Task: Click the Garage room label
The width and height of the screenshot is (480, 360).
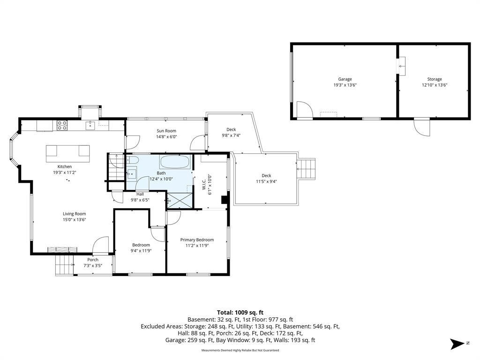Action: [x=345, y=79]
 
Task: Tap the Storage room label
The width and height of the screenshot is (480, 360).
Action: [x=435, y=79]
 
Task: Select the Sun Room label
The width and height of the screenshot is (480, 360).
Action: [x=166, y=131]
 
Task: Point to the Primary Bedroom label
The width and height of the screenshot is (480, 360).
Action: [x=197, y=240]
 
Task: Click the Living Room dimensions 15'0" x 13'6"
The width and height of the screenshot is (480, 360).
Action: [x=75, y=219]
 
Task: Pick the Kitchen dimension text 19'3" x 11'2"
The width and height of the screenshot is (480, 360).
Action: [x=65, y=172]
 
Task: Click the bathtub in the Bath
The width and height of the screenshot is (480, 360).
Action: [x=175, y=162]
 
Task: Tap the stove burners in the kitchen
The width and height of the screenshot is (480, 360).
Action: [x=62, y=126]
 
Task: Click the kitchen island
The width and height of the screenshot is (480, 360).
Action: [x=67, y=154]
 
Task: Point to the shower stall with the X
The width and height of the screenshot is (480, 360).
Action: [x=180, y=201]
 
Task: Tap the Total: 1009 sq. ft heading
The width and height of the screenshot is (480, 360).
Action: [x=240, y=313]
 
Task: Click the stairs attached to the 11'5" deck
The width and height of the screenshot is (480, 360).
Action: [x=306, y=169]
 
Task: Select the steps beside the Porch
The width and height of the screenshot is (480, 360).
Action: [x=65, y=265]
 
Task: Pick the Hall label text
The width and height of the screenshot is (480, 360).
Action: [x=140, y=194]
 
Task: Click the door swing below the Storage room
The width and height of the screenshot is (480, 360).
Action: [x=422, y=127]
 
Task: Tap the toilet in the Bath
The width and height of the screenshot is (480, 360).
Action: [x=133, y=159]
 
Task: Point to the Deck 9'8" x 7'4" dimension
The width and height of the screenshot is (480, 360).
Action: [x=231, y=135]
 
